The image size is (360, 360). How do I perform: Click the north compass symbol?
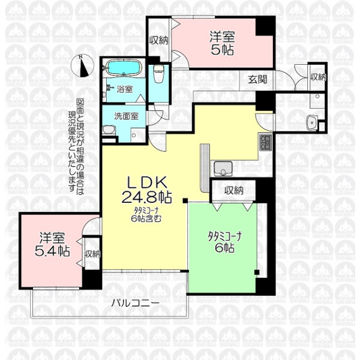[x=82, y=65]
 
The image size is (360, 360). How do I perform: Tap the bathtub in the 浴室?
[x=124, y=67]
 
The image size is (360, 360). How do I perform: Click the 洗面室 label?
[x=126, y=116]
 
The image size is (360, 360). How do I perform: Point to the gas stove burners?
[x=265, y=142]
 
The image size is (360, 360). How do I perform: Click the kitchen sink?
[x=223, y=169]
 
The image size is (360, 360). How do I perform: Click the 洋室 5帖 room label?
[x=222, y=43]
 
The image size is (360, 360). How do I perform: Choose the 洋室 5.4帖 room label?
[x=52, y=244]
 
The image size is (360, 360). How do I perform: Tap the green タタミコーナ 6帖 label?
[x=224, y=242]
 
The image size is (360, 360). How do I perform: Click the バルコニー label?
[x=135, y=304]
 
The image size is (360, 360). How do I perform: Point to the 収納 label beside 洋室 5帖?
[x=158, y=41]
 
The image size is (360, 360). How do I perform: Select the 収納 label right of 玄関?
[x=318, y=77]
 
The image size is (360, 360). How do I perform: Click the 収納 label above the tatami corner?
[x=234, y=190]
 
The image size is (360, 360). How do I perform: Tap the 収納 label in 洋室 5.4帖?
[x=92, y=254]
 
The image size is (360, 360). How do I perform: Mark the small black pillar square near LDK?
[x=185, y=200]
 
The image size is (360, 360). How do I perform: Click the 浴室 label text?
[x=125, y=89]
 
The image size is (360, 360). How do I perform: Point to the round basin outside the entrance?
[x=312, y=122]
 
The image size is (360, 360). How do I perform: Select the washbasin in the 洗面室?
[x=108, y=130]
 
